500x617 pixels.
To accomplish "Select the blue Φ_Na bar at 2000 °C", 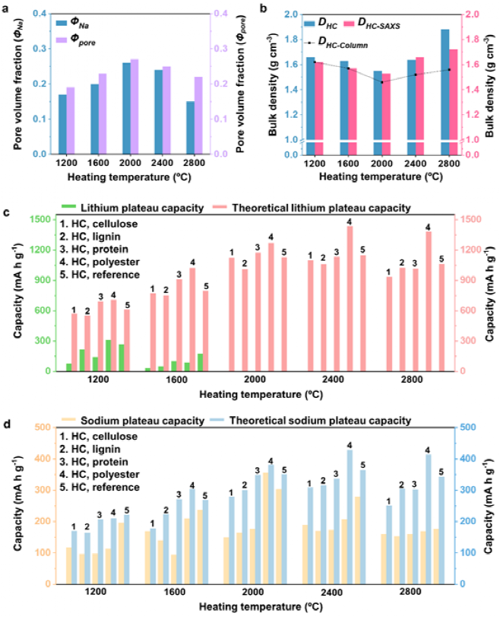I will click(x=125, y=109).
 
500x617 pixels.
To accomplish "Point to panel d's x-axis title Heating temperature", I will click(x=255, y=607).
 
